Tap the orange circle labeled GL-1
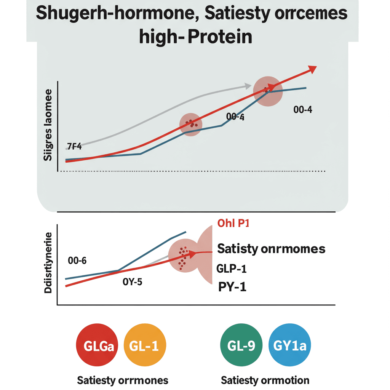[145, 346]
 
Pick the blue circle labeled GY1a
[290, 346]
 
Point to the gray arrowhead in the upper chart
[248, 86]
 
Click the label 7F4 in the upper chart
[74, 147]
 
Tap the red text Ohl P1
[233, 224]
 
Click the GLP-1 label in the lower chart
[232, 269]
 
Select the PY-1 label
[232, 286]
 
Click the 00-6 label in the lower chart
[77, 261]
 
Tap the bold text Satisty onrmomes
[271, 249]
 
